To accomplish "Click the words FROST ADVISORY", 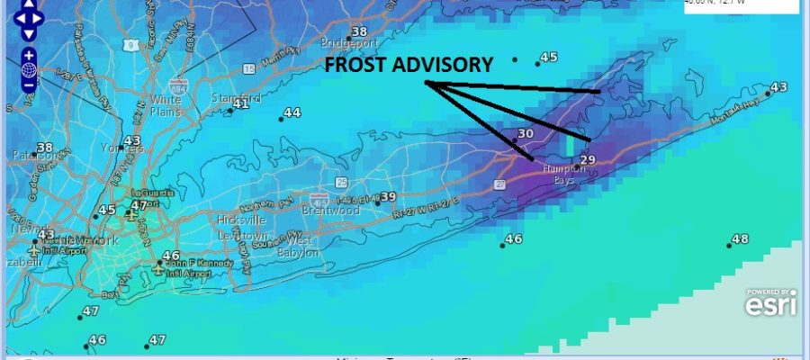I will [409, 65].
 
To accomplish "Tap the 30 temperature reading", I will [526, 133].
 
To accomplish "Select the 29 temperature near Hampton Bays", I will [588, 160].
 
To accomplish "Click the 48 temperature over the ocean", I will [740, 239].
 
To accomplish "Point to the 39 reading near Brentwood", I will [388, 197].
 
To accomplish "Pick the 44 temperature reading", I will [292, 113].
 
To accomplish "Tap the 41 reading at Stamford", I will [240, 104].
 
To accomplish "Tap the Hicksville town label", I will [237, 220].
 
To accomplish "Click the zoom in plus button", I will [29, 54].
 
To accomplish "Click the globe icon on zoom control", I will [29, 70].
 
